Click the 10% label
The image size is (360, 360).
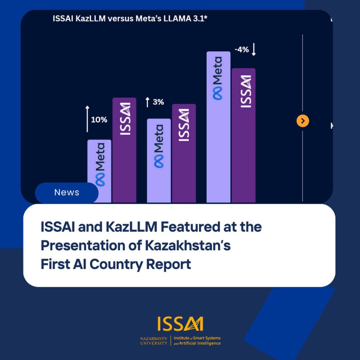point(99,120)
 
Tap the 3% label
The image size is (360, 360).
point(158,102)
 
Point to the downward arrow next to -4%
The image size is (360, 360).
point(254,50)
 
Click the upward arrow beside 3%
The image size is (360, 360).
point(148,102)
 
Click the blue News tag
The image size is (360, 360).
point(67,193)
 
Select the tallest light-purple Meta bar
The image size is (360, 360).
point(218,127)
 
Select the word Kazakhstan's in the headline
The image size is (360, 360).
point(188,246)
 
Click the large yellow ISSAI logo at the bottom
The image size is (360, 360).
point(180,324)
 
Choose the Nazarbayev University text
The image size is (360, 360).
point(154,341)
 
